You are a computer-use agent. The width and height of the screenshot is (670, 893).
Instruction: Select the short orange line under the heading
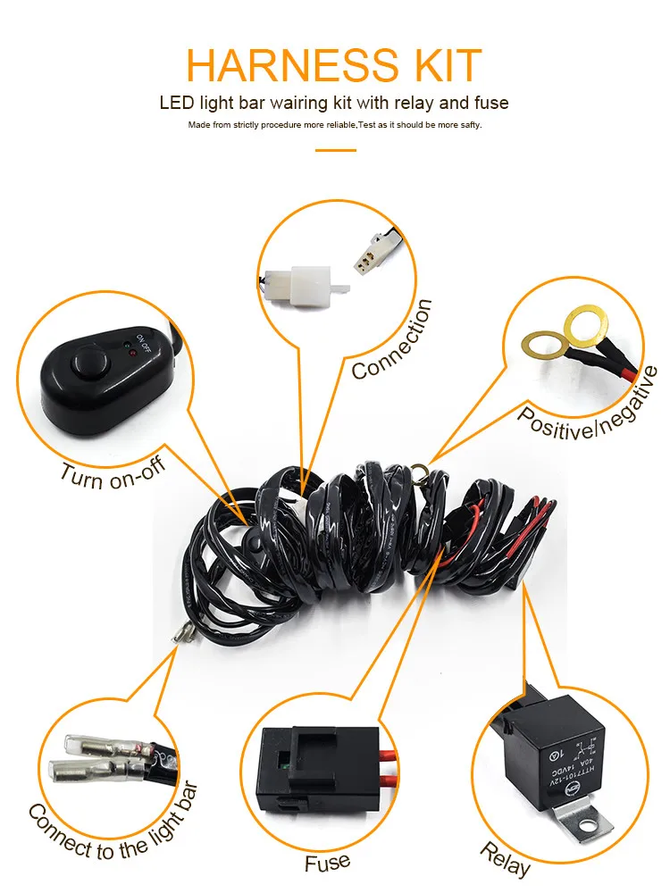pos(335,150)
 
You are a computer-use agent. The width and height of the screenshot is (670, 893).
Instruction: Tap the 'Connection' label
pos(392,339)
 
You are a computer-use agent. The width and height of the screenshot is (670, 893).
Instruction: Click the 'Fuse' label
pos(327,862)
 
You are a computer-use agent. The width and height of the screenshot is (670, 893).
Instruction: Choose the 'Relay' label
pos(506,858)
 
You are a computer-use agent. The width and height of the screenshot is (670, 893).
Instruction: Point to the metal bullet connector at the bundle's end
pos(180,636)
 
